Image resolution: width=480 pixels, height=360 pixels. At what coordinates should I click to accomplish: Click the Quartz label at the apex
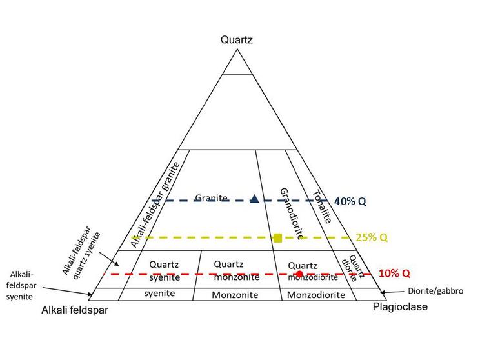(x=237, y=40)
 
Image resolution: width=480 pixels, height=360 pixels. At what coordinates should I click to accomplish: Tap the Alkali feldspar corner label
(x=75, y=310)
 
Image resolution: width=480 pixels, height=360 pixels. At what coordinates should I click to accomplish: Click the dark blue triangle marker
(x=254, y=199)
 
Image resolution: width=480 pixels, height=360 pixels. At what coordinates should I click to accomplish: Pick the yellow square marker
(x=278, y=237)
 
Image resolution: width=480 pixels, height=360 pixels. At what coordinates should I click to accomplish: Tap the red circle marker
(x=299, y=274)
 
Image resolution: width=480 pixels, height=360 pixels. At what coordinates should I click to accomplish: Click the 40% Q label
(x=351, y=201)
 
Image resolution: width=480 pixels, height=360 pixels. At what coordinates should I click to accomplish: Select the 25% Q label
(x=372, y=237)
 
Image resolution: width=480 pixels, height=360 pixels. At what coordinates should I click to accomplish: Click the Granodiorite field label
(x=292, y=214)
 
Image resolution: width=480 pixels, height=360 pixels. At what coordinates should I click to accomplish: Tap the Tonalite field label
(x=321, y=206)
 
